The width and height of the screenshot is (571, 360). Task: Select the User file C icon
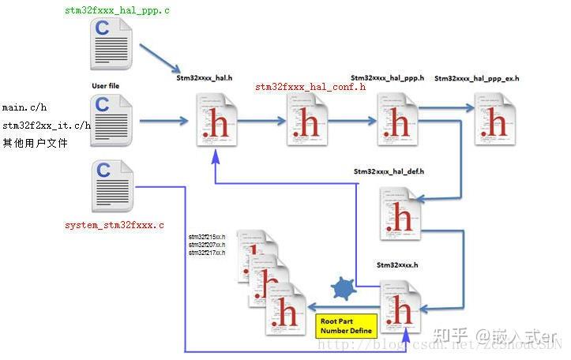click(x=111, y=121)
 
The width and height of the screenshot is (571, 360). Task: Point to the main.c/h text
click(x=24, y=107)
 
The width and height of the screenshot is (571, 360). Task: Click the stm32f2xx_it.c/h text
click(x=46, y=126)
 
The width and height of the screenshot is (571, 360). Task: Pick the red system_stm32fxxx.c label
click(x=115, y=225)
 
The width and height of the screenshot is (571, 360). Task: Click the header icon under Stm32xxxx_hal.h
click(x=216, y=120)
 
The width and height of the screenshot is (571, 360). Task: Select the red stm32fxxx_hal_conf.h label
click(x=310, y=87)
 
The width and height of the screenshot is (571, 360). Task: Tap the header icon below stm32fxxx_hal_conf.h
click(x=306, y=120)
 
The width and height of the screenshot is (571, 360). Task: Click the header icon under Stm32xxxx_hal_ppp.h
click(x=396, y=118)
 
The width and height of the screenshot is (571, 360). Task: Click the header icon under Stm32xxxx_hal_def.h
click(x=400, y=213)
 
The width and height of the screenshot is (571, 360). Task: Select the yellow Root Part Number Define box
click(x=345, y=327)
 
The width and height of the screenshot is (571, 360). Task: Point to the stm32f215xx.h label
click(x=207, y=237)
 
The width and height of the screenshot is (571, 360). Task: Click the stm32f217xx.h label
click(x=207, y=253)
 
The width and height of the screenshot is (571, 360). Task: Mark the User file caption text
click(x=110, y=85)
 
